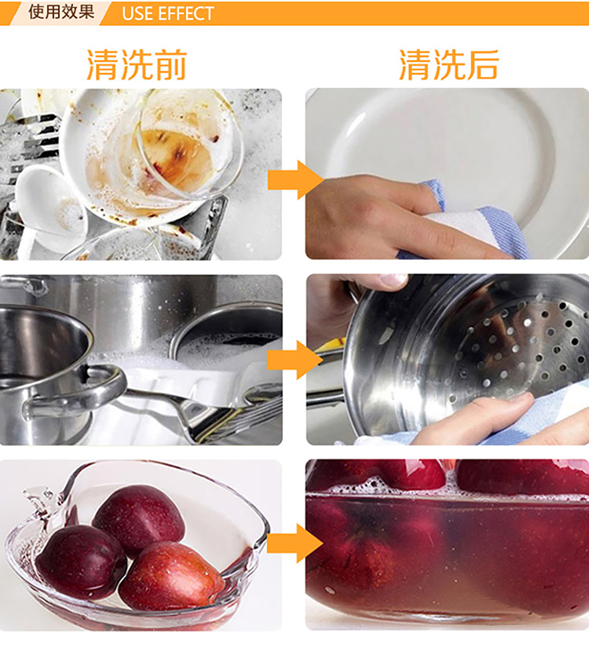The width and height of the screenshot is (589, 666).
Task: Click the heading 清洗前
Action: (137, 64)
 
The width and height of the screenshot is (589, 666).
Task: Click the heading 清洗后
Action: (449, 64)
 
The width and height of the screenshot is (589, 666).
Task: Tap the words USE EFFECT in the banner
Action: (168, 13)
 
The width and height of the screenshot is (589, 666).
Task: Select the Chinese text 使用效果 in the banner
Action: (61, 12)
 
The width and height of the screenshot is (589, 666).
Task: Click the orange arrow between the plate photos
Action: (295, 180)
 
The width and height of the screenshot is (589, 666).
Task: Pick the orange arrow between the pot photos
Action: (295, 360)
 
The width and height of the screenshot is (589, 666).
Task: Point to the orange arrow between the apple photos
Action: (295, 543)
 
